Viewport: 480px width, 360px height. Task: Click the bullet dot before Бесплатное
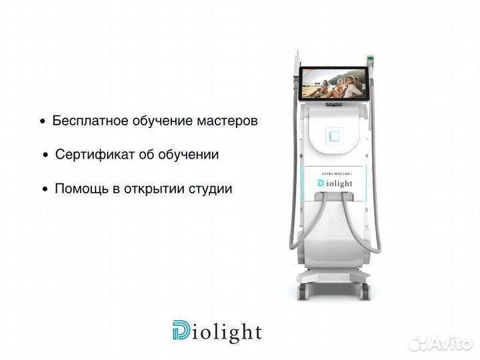[43, 123]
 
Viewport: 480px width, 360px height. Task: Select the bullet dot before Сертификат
[46, 155]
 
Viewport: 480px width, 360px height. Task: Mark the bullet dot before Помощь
[45, 189]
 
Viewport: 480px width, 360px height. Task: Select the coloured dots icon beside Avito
[419, 343]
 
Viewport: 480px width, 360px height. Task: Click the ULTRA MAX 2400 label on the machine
[337, 172]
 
